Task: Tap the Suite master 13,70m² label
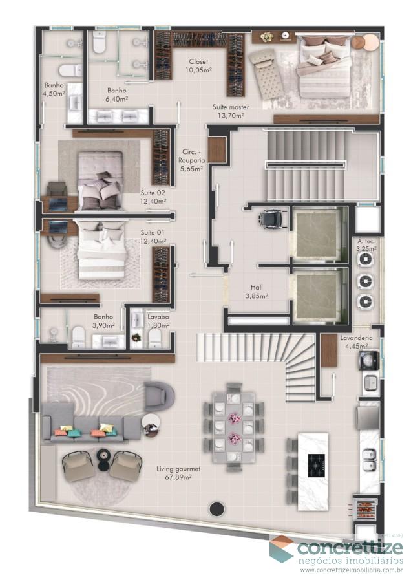(230, 111)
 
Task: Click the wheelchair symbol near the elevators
(266, 220)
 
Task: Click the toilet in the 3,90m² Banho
(78, 336)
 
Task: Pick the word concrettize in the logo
(349, 548)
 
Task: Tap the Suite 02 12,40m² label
(153, 197)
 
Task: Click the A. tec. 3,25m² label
(366, 244)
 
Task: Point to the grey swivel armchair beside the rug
(159, 394)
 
